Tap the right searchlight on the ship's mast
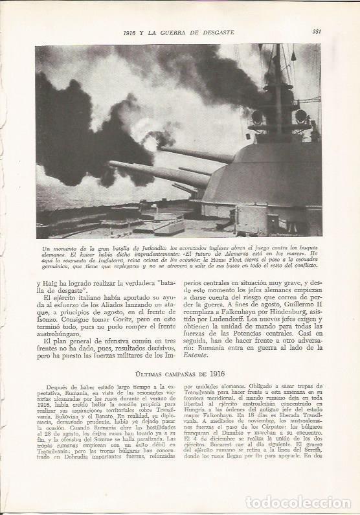pyautogui.click(x=300, y=117)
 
